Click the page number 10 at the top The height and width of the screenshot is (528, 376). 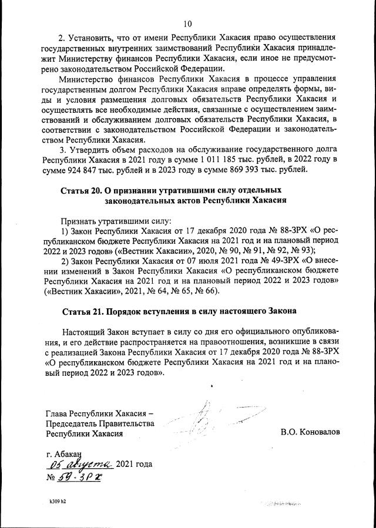click(x=187, y=24)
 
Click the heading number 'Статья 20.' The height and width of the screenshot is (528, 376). click(x=80, y=191)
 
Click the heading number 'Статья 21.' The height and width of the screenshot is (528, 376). click(x=80, y=310)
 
